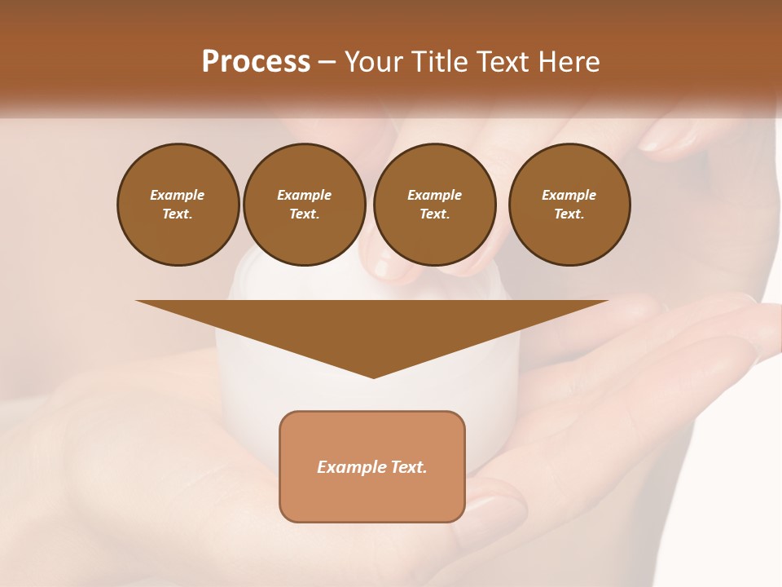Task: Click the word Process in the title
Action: coord(256,62)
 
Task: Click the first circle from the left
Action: coord(178,205)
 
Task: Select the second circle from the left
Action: coord(304,205)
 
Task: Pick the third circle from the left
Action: coord(434,205)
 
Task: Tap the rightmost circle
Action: coord(569,205)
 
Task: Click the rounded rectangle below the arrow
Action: coord(372,466)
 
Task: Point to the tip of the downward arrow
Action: coord(373,377)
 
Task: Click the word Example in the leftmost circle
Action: coord(178,195)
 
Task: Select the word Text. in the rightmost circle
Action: coord(569,214)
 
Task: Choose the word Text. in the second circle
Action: coord(304,214)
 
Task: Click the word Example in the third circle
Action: coord(434,195)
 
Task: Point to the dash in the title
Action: coord(327,63)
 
